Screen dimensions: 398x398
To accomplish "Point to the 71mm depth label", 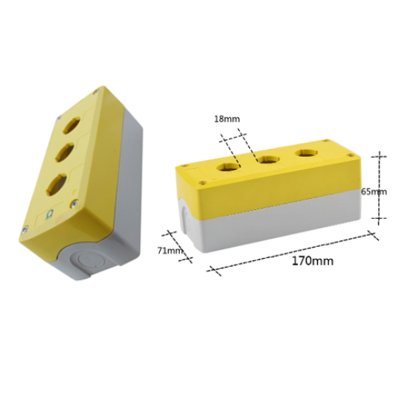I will click(x=171, y=251).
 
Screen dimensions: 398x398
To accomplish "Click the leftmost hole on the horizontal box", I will click(x=228, y=164).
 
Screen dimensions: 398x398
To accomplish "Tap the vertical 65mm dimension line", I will click(x=379, y=188).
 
